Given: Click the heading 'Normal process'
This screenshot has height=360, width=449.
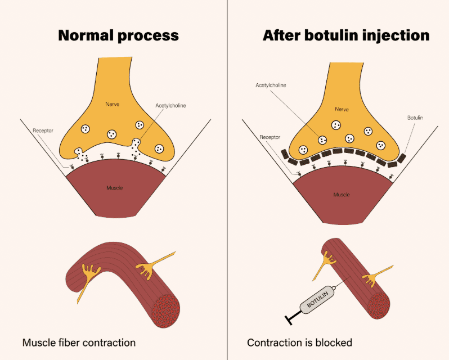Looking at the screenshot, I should tap(118, 36).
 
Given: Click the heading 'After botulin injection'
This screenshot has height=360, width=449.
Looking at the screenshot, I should tap(346, 36).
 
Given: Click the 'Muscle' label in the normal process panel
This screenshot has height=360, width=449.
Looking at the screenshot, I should tap(115, 187).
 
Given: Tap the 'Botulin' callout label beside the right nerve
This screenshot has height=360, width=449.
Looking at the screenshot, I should tap(415, 118).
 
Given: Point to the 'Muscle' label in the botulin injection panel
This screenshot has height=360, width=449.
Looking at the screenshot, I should tap(342, 195).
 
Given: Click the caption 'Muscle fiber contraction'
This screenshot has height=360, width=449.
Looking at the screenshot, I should tap(79, 342).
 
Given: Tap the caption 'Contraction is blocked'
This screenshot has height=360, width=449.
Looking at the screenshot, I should tap(299, 342).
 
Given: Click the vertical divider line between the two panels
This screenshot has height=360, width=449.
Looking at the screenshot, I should tap(227, 180).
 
